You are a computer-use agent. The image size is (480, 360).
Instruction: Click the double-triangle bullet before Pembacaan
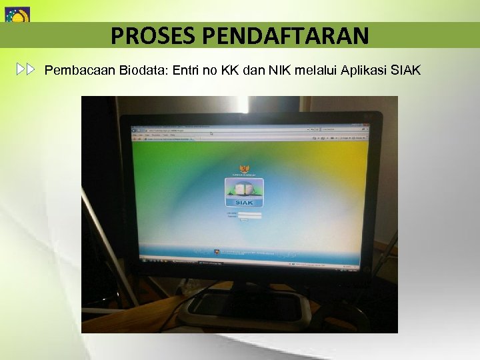point(26,69)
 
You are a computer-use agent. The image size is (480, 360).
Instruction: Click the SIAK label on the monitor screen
point(243,202)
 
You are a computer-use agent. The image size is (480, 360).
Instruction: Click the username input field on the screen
point(249,213)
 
